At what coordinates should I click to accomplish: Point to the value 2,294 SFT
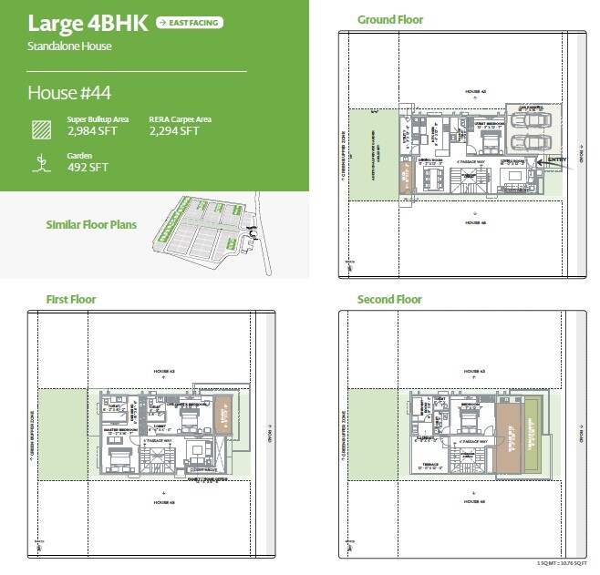[x=174, y=131]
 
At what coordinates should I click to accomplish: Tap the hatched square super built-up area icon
[x=39, y=128]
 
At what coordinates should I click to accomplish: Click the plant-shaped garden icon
[x=39, y=163]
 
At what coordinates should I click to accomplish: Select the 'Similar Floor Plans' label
[x=91, y=223]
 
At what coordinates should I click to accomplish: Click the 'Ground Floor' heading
[x=389, y=19]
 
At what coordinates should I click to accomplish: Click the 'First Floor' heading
[x=71, y=299]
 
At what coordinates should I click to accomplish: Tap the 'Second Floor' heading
[x=389, y=299]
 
